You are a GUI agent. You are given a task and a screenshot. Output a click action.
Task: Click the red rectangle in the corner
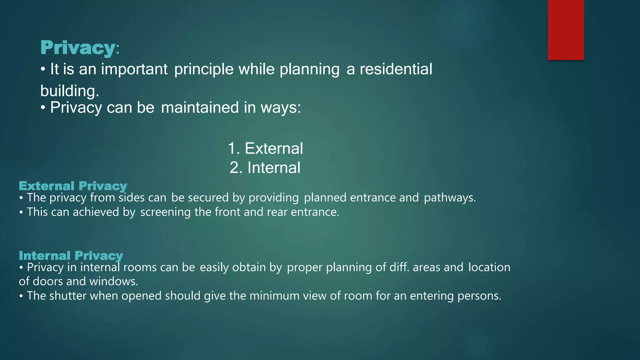coord(566,30)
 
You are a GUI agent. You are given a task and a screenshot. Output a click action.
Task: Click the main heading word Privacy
coord(78,48)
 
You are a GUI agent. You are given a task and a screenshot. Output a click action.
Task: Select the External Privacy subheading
coord(73,186)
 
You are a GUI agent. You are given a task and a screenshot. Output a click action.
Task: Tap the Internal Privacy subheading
coord(71,256)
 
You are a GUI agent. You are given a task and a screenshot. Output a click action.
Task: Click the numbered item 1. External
coord(265,148)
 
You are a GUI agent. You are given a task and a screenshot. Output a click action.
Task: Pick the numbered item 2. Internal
coord(265,167)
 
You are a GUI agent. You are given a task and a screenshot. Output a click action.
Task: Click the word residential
coord(396,69)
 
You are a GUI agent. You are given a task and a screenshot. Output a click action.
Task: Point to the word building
coord(69,91)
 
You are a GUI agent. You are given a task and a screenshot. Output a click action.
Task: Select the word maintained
coord(200,107)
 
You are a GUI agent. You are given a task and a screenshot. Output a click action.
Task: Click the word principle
coord(204,70)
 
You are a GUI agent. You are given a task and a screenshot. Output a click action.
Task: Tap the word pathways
coord(449,198)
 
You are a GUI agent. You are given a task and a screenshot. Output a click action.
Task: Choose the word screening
coord(165,212)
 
